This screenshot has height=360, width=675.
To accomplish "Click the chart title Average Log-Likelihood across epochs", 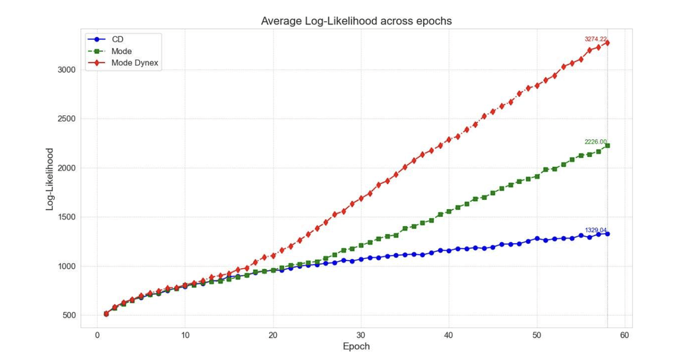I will [356, 21].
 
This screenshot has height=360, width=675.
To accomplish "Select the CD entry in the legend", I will [117, 40].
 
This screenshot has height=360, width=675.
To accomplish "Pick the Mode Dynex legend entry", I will [135, 63].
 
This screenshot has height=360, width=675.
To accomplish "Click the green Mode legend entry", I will [121, 51].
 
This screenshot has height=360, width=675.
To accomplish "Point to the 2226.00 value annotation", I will [595, 142].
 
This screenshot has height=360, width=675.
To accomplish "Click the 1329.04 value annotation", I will [595, 230].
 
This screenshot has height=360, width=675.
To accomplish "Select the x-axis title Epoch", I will [356, 347].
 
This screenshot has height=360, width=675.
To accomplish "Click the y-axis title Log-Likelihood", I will [50, 179].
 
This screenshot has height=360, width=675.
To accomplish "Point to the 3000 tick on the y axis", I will [66, 70].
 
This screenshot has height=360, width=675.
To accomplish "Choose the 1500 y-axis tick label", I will [66, 218].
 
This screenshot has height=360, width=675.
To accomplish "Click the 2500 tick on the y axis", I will [66, 119].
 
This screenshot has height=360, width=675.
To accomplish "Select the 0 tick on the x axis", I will [97, 334].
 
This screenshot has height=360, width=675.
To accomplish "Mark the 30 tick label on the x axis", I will [361, 334].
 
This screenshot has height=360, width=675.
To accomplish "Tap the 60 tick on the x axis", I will [624, 334].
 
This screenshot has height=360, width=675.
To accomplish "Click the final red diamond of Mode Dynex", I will [607, 43].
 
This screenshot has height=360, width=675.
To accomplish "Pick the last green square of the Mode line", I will [607, 146].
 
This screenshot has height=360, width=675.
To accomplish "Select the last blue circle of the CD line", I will [607, 233].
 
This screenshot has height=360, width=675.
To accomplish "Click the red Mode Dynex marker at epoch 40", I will [449, 140].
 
